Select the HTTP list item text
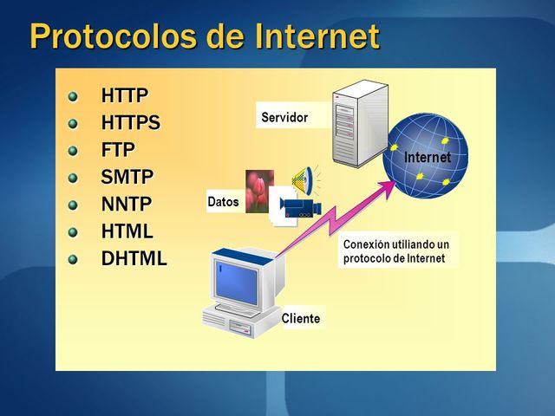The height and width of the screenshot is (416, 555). [x=125, y=95]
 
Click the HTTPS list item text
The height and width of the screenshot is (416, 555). [x=131, y=122]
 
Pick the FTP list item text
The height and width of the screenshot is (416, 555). [x=118, y=149]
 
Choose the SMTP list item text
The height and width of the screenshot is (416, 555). [x=127, y=177]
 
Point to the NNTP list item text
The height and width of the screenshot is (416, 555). [x=127, y=205]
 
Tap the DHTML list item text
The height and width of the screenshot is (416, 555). [x=134, y=258]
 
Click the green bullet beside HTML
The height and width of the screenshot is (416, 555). [x=73, y=231]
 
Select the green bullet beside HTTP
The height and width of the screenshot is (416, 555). [x=73, y=95]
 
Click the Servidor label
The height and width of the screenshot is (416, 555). [x=284, y=117]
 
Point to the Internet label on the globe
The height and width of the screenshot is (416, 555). [x=428, y=158]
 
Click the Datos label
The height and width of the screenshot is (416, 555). [x=223, y=202]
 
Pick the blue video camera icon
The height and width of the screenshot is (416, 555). [x=300, y=208]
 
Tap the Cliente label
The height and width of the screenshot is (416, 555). [x=300, y=319]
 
